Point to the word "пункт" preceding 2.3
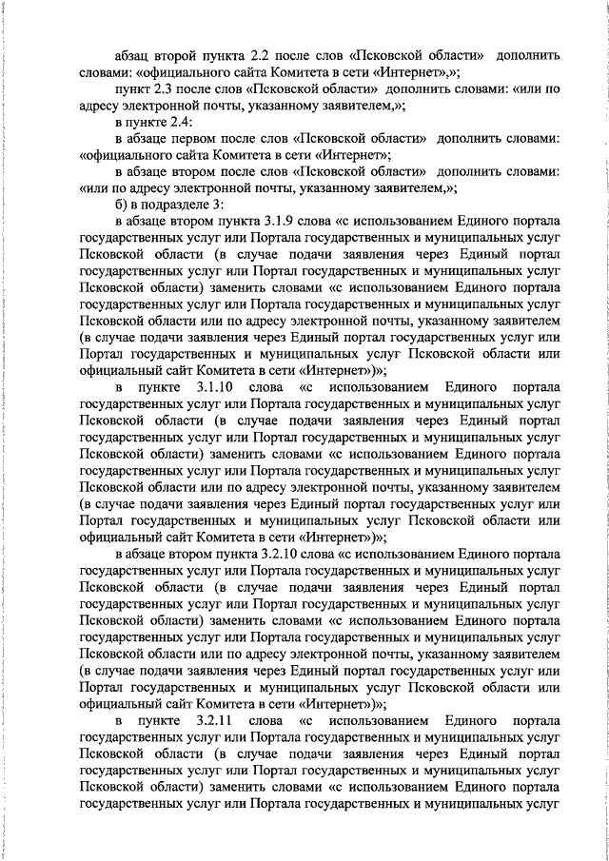tap(132, 88)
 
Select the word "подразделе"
tap(178, 204)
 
